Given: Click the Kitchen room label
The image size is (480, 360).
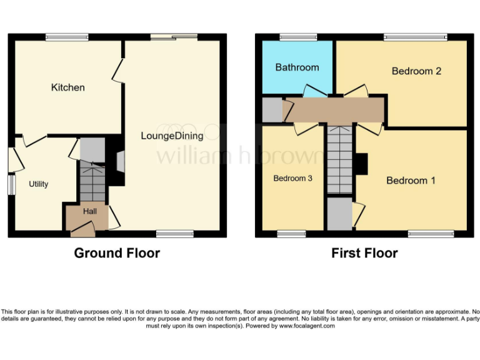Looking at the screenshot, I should click(x=67, y=87).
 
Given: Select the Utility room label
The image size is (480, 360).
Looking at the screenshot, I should click(x=38, y=184).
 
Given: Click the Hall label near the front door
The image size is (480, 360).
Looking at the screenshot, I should click(x=89, y=212).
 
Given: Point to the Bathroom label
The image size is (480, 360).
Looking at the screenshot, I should click(x=297, y=67).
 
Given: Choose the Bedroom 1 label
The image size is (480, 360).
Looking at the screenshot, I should click(x=411, y=181).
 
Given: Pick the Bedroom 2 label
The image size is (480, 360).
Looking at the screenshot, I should click(x=416, y=71).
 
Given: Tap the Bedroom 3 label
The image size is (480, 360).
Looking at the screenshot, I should click(x=292, y=178).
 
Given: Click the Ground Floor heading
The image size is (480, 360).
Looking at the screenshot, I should click(x=117, y=253).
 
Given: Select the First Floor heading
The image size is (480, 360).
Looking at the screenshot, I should click(x=364, y=253).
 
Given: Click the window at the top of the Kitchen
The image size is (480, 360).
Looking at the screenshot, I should click(x=66, y=37).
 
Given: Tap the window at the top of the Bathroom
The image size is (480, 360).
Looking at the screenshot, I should click(x=297, y=37).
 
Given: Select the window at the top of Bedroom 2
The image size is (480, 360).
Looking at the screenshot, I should click(x=415, y=37).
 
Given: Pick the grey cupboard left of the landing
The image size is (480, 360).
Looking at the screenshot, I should click(x=272, y=110).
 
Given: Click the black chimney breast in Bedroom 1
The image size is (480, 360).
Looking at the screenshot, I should click(x=362, y=164).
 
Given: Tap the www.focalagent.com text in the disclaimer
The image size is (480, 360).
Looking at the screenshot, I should click(x=307, y=326).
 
